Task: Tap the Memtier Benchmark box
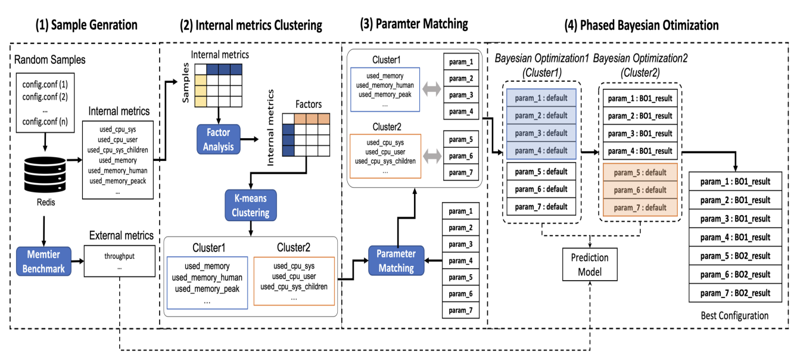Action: click(x=42, y=260)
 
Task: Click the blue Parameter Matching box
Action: click(x=396, y=260)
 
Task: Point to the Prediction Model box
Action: click(x=590, y=264)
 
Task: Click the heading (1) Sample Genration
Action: click(x=86, y=25)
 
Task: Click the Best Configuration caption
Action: click(x=734, y=315)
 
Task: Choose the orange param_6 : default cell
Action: click(x=640, y=190)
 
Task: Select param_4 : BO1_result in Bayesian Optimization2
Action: click(x=640, y=151)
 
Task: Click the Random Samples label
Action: click(x=49, y=60)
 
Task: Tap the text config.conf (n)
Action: click(x=45, y=122)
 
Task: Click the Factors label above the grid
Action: click(x=308, y=104)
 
